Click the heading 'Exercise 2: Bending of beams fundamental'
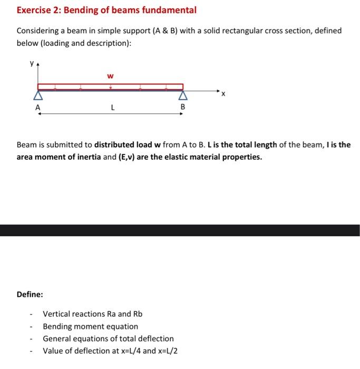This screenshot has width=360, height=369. (106, 10)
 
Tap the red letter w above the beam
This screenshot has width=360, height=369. (110, 76)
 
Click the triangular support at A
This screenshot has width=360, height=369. (37, 96)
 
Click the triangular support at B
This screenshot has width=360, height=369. (183, 96)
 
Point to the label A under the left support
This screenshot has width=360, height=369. (37, 107)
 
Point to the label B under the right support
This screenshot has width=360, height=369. (183, 107)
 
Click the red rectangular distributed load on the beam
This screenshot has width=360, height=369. (110, 86)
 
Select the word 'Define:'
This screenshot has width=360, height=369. (30, 294)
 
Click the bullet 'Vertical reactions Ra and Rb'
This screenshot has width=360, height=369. (92, 314)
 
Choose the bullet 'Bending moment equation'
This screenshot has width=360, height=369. (90, 326)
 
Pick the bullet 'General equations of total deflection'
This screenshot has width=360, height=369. (108, 338)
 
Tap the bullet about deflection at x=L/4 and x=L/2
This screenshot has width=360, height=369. (110, 351)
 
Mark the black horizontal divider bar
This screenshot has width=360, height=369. (180, 230)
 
